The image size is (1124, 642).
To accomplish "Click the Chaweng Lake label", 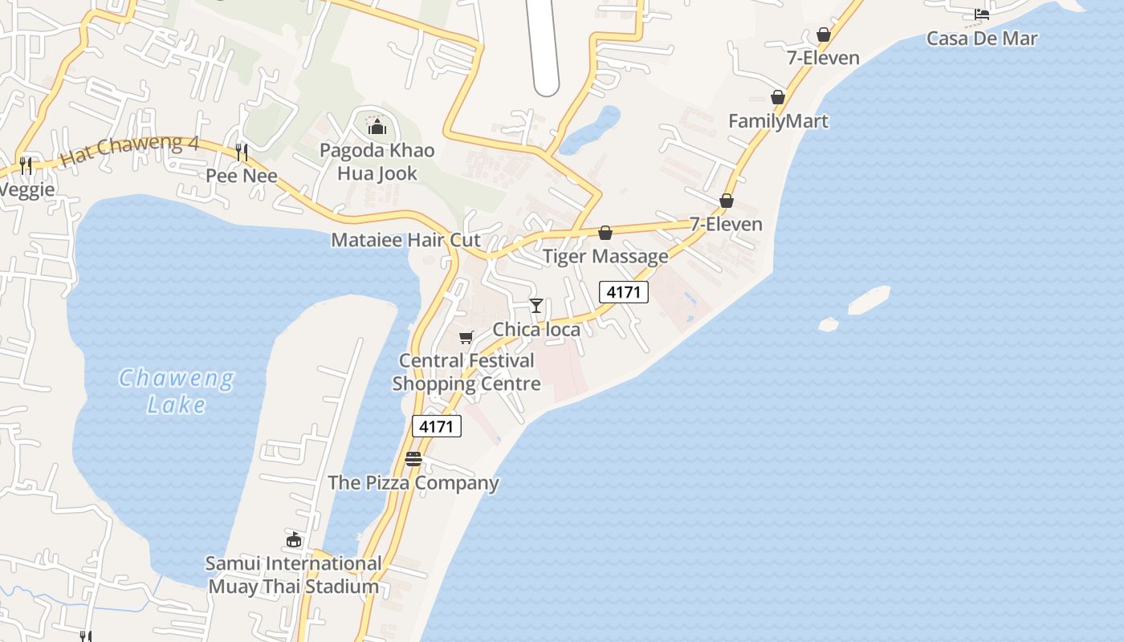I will (x=177, y=391).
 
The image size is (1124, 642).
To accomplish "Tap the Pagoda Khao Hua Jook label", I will (x=377, y=161).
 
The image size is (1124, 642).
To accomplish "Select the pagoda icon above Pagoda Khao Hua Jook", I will (x=377, y=127).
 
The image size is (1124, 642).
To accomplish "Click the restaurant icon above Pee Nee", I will (x=241, y=152).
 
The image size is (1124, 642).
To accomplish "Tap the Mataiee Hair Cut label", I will (x=405, y=240).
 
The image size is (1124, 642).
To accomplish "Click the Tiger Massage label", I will (x=605, y=256).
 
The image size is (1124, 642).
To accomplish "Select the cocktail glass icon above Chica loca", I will (x=536, y=306).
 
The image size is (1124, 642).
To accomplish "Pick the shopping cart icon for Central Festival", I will (x=466, y=337).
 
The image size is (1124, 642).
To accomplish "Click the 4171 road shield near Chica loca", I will (x=624, y=292).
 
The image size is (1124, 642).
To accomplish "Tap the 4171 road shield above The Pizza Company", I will (x=437, y=426).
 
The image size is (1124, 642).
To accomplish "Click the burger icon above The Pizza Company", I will (x=413, y=459).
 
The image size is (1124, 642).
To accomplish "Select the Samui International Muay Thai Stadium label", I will (x=294, y=575).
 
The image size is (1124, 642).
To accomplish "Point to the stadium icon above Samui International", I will (x=294, y=539).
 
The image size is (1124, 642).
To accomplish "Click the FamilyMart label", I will (x=778, y=121).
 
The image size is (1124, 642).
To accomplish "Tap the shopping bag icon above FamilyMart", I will (x=778, y=97).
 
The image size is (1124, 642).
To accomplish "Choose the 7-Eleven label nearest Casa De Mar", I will (x=823, y=58).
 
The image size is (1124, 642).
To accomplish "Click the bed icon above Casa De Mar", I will (x=981, y=14).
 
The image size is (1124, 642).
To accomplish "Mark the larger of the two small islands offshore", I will (x=869, y=299).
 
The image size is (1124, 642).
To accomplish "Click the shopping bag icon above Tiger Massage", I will (x=605, y=233).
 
